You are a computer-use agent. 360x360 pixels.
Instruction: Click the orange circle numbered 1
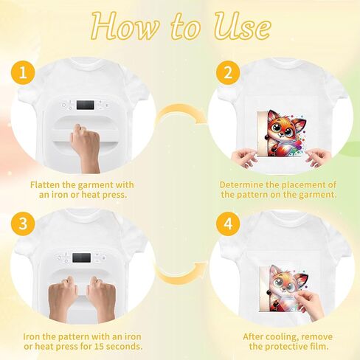[x=23, y=73]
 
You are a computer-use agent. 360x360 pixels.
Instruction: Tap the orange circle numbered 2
[x=228, y=73]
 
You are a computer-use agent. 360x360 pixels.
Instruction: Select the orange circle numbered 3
[x=23, y=224]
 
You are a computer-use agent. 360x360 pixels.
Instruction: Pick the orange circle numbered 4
[x=228, y=224]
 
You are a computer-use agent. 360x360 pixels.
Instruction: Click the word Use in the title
[x=242, y=27]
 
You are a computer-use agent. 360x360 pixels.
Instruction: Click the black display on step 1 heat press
[x=86, y=105]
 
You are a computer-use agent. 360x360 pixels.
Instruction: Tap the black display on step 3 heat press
[x=81, y=257]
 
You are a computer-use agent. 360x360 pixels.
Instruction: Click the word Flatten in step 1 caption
[x=45, y=184]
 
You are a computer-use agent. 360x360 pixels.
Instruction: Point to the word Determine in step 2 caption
[x=241, y=184]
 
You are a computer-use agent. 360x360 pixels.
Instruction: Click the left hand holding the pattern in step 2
[x=244, y=158]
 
